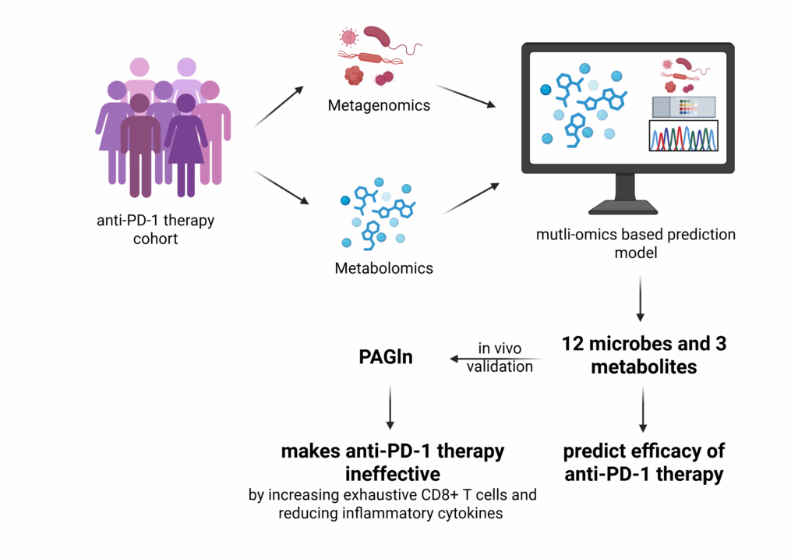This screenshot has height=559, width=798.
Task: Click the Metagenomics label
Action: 379,105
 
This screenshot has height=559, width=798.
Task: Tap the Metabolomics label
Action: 383,268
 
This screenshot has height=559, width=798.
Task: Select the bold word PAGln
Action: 386,357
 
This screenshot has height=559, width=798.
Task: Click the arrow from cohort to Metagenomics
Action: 278,106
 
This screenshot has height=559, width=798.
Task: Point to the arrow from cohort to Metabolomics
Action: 281,187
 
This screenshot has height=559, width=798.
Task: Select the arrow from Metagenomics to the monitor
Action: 466,96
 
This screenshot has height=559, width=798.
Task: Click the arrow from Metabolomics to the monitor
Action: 471,199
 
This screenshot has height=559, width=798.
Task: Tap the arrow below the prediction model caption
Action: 641,299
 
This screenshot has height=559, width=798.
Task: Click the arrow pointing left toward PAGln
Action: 496,359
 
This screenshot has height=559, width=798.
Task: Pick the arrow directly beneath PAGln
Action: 390,407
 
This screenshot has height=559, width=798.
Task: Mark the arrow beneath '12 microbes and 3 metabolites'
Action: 643,409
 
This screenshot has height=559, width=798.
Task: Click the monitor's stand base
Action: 623,207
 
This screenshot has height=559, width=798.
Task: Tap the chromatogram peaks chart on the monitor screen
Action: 683,136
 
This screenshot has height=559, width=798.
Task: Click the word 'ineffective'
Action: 393,474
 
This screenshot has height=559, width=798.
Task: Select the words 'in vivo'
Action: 500,348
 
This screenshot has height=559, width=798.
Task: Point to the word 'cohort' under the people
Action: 155,239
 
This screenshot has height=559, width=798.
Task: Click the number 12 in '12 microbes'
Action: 573,344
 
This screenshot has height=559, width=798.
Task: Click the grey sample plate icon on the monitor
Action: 684,107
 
